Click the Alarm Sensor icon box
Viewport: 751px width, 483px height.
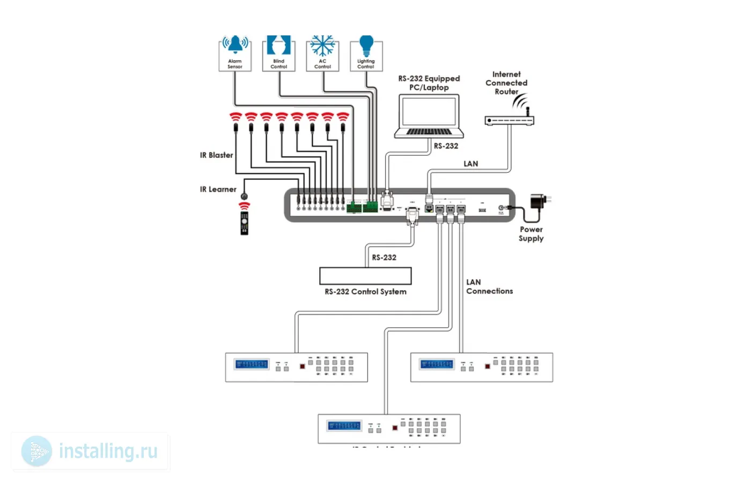(235, 53)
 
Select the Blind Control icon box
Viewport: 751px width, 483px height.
(279, 53)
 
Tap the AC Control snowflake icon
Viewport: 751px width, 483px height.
(322, 47)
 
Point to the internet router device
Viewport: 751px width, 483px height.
(509, 120)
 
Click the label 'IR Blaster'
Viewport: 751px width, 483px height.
(217, 155)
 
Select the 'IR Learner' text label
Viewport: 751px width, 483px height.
(218, 189)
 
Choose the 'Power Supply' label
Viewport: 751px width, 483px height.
(531, 234)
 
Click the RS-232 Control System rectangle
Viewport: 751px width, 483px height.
(365, 276)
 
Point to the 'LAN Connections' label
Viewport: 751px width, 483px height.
(489, 287)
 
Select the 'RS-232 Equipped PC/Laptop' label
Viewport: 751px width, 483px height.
(429, 83)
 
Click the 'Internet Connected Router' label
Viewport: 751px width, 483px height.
(506, 83)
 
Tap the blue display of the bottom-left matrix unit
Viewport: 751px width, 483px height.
(251, 364)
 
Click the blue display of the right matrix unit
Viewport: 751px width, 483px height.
(437, 364)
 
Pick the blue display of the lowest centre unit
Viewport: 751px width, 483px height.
(344, 426)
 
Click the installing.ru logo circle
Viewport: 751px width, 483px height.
(37, 451)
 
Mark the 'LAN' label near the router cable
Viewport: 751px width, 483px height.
(471, 164)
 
